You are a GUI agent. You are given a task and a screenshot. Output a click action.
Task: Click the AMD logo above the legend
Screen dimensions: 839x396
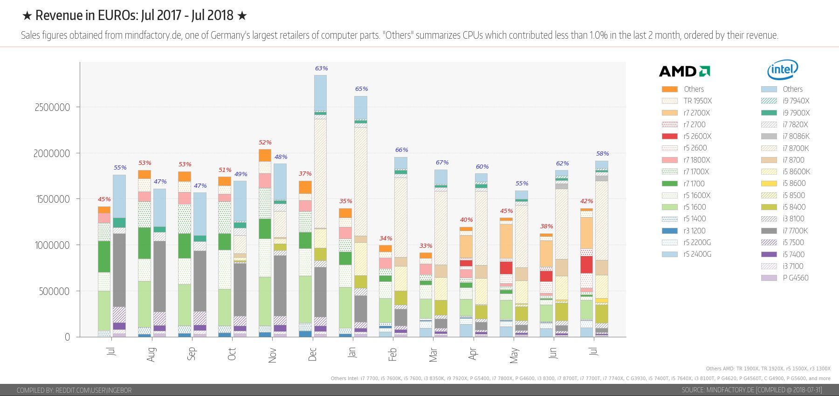[x=684, y=71]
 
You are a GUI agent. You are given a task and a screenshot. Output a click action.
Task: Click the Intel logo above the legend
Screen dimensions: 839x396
[x=783, y=69]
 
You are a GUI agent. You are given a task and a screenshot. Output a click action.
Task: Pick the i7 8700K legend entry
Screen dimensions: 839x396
[x=785, y=148]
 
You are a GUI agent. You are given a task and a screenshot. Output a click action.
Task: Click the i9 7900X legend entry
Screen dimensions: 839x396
[x=785, y=113]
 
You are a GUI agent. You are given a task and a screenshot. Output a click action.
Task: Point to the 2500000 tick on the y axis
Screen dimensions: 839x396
[x=52, y=107]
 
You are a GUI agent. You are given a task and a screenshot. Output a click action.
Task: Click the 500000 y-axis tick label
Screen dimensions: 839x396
[x=55, y=291]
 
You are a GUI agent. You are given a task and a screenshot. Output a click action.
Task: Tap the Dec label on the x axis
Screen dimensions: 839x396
[x=312, y=354]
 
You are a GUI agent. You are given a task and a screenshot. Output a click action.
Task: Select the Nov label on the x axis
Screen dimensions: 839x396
[x=272, y=355]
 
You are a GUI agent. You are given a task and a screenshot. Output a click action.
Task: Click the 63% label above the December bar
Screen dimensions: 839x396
[x=321, y=68]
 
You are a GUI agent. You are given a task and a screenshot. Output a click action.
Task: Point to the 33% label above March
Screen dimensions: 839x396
[x=426, y=246]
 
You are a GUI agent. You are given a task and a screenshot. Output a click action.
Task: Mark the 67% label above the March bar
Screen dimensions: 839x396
[x=442, y=162]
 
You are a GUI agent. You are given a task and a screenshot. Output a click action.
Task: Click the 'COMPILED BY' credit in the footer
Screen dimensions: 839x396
[x=74, y=390]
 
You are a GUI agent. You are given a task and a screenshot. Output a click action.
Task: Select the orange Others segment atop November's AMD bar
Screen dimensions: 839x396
[x=265, y=155]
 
